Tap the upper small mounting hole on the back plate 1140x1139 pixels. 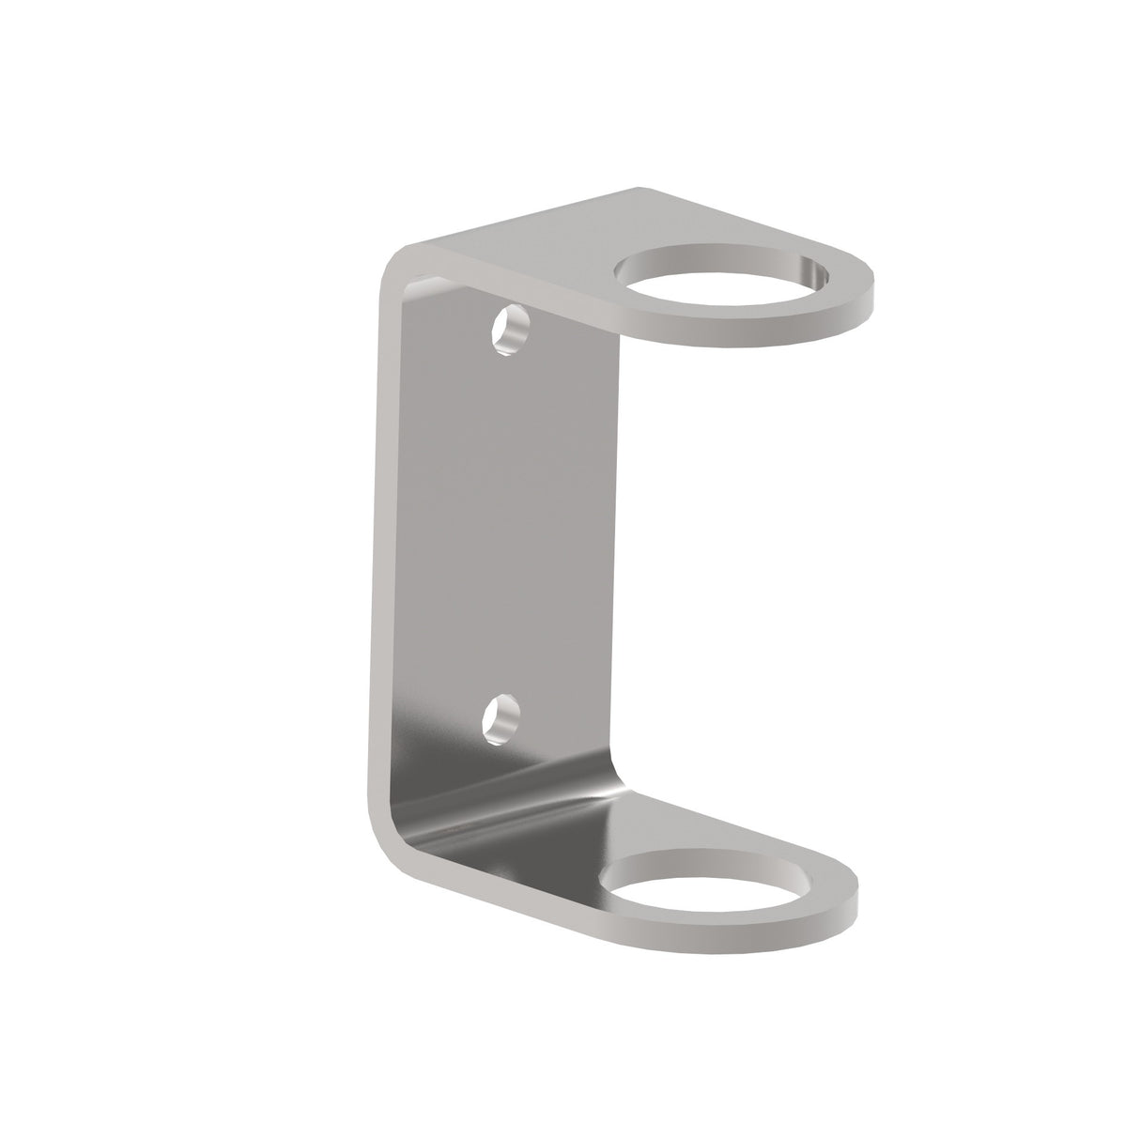tap(511, 331)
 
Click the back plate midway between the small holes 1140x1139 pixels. tap(507, 526)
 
